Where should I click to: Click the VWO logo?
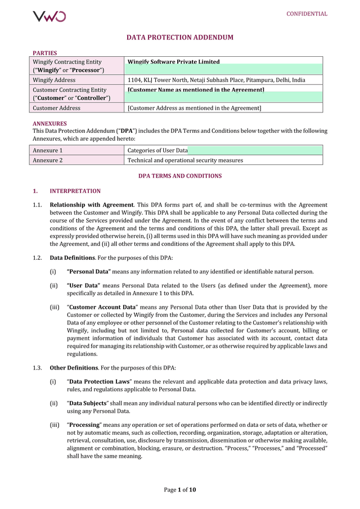(x=49, y=16)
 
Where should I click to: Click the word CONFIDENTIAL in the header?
(x=307, y=14)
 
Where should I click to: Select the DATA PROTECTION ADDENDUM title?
(x=179, y=38)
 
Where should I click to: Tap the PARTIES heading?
(x=44, y=53)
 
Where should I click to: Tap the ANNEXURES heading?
(x=49, y=123)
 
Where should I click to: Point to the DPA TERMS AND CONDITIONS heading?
(x=180, y=176)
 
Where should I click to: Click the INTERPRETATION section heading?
(x=75, y=191)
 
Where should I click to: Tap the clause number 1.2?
(x=37, y=258)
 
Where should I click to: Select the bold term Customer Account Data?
(x=102, y=308)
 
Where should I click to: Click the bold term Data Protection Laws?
(x=99, y=382)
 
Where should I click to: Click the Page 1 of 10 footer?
(x=180, y=490)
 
